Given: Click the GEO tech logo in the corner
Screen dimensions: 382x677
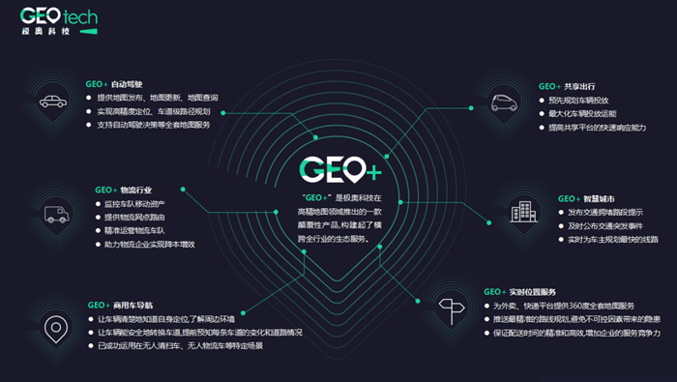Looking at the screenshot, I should tap(61, 21).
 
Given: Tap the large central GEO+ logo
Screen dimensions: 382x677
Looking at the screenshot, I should tap(339, 170).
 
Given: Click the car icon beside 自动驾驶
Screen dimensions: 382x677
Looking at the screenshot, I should tap(50, 102).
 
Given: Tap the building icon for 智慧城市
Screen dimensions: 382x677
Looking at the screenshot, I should tap(523, 212).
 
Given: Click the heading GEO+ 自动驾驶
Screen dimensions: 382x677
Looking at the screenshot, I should tap(113, 84).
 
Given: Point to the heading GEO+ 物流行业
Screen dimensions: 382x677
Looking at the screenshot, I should tap(123, 190).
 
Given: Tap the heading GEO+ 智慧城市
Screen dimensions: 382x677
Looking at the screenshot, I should tap(586, 198).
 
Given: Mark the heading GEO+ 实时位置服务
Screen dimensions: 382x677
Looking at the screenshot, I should tap(518, 291).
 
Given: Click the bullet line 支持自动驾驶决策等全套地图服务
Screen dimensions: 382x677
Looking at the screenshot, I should tap(160, 125).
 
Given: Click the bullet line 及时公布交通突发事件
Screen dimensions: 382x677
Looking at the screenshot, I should tap(611, 225).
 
